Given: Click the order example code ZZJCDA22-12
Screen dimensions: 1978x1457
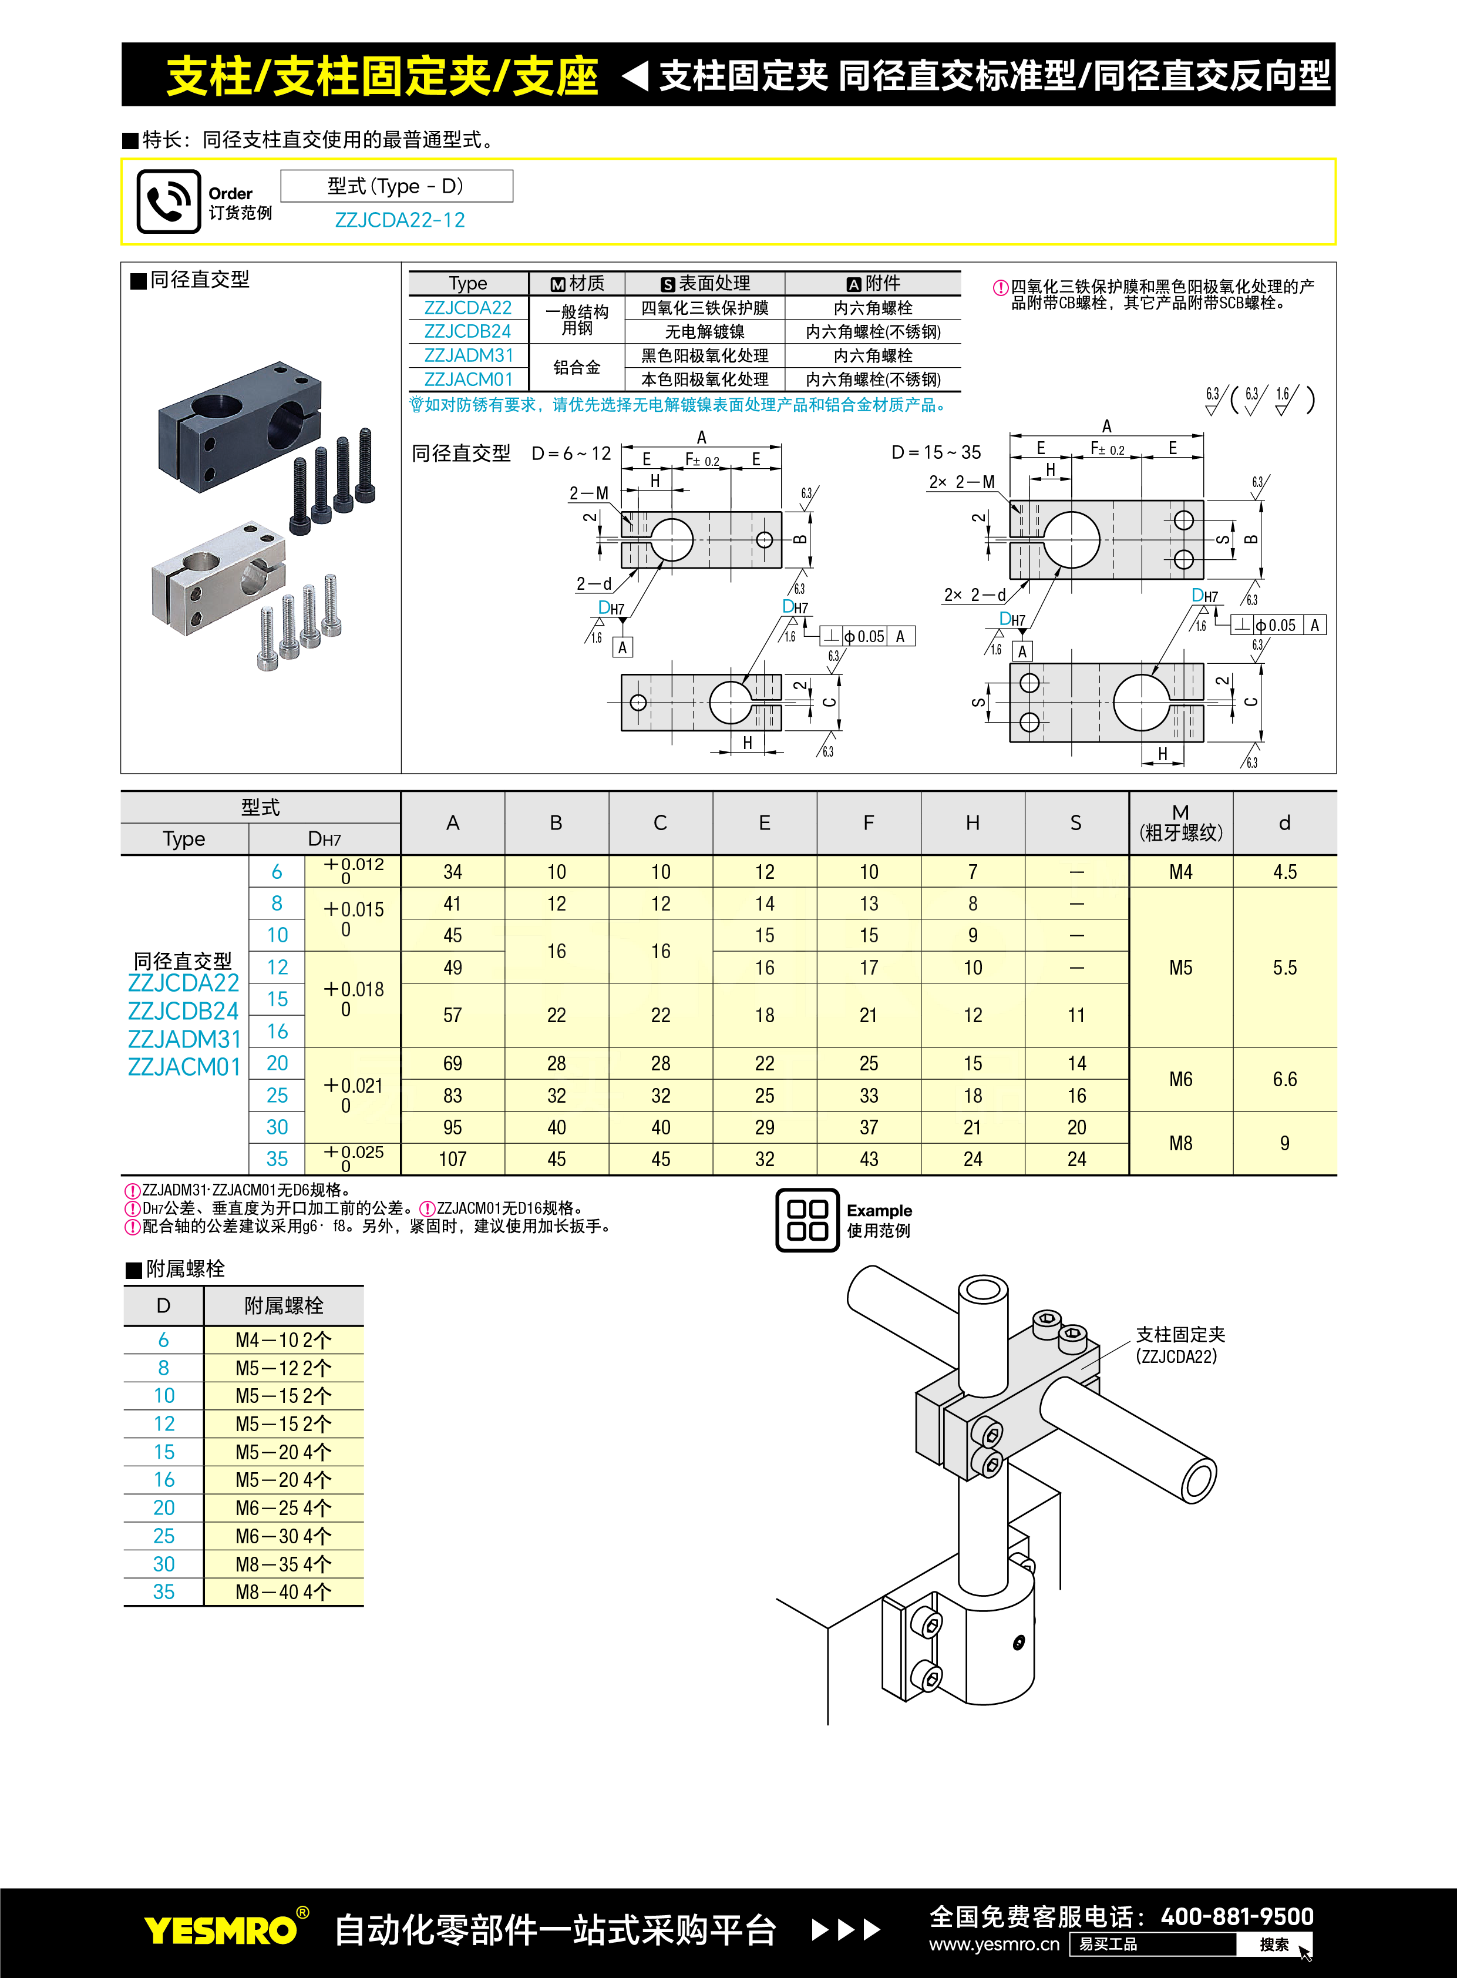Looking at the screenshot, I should point(399,220).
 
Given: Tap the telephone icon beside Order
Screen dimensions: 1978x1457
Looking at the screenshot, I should point(169,201).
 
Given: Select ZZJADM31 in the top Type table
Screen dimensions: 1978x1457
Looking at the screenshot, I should point(468,355).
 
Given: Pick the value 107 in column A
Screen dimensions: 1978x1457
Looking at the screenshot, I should point(452,1159).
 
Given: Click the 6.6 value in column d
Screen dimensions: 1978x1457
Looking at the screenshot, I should point(1284,1079).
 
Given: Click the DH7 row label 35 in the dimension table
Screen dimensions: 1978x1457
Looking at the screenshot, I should point(277,1159).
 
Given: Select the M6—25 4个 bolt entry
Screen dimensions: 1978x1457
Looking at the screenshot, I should point(283,1508).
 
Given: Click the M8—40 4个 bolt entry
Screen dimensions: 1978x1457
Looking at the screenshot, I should point(283,1591).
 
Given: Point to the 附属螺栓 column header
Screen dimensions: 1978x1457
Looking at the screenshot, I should point(283,1306).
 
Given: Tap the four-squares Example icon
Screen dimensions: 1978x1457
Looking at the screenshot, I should point(807,1220).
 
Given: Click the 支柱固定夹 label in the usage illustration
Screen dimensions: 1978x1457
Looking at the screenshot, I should point(1180,1335).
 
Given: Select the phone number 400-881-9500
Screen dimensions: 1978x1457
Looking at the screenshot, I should point(1237,1916).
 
